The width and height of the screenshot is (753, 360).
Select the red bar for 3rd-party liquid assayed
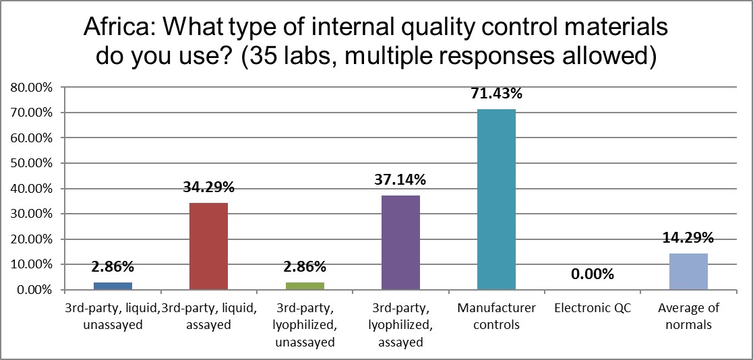tap(208, 246)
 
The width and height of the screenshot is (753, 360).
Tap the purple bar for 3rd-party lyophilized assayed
tap(400, 243)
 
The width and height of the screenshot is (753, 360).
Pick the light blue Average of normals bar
tap(688, 272)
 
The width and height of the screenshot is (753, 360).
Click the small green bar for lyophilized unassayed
tap(305, 286)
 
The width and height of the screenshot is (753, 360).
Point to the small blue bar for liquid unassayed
tap(113, 286)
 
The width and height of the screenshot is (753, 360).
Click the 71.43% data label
tap(497, 94)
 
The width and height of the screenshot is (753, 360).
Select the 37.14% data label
tap(400, 180)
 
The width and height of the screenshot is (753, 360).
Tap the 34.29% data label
tap(208, 187)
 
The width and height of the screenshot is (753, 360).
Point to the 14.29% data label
tap(688, 238)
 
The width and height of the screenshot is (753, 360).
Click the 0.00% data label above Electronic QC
tap(592, 274)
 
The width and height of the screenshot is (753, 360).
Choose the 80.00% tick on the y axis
tap(31, 87)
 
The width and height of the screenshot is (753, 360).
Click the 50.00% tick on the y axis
tap(31, 163)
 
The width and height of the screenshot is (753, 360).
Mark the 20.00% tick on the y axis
tap(31, 239)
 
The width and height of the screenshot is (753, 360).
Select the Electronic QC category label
tap(592, 308)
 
